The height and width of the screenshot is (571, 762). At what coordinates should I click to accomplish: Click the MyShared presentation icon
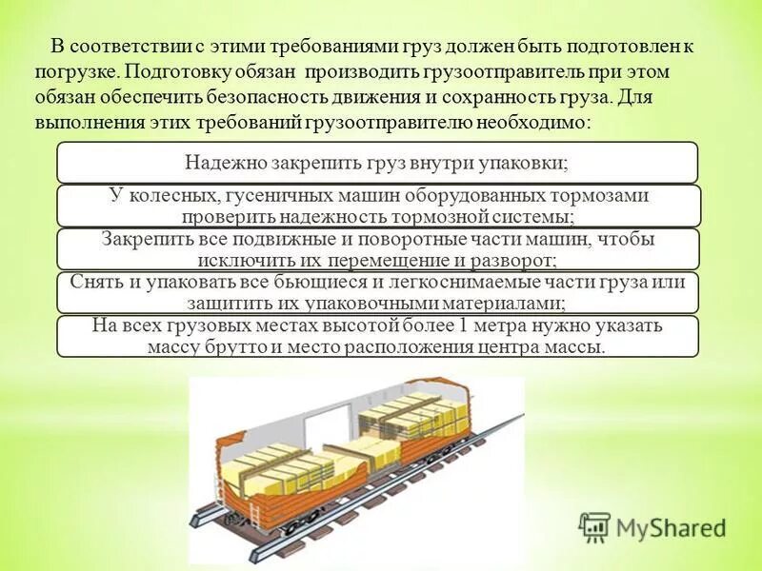(x=594, y=526)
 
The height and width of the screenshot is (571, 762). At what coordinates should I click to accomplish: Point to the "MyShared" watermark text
(x=671, y=526)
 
